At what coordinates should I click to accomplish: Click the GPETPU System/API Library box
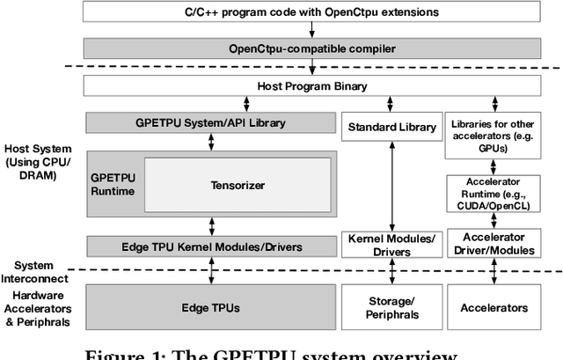[211, 122]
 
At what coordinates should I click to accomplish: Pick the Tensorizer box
[238, 186]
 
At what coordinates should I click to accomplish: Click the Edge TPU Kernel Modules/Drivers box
[211, 246]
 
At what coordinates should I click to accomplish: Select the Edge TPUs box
[211, 308]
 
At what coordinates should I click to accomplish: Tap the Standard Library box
[391, 127]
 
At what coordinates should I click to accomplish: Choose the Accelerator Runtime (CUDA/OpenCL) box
[494, 195]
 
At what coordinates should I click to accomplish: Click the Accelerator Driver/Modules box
[494, 243]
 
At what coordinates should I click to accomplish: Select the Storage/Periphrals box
[391, 308]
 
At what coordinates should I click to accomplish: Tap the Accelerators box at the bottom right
[494, 308]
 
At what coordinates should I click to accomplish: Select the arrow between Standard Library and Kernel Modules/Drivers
[391, 186]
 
